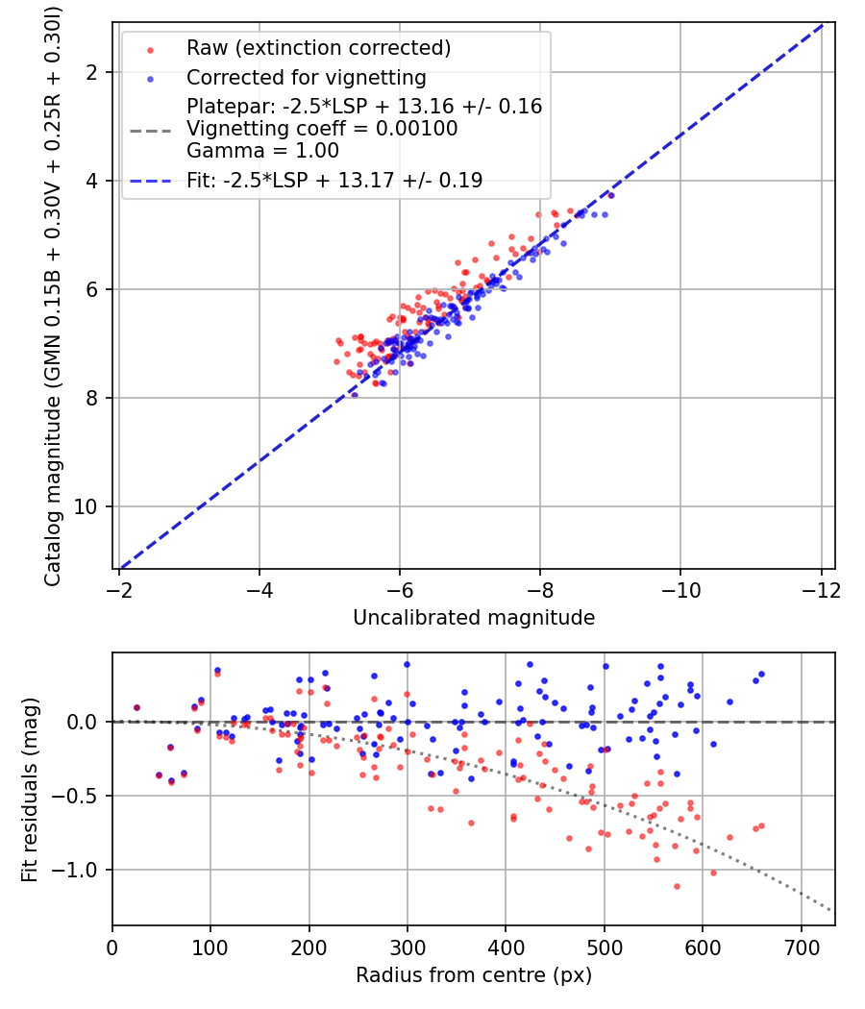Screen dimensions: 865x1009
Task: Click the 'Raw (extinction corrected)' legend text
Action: pyautogui.click(x=318, y=48)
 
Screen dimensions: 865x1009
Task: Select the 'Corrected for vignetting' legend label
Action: pyautogui.click(x=307, y=78)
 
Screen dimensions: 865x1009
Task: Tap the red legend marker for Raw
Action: pyautogui.click(x=151, y=50)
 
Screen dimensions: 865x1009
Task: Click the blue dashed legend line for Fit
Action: pyautogui.click(x=151, y=182)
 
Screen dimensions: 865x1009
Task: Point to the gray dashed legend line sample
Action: pyautogui.click(x=151, y=132)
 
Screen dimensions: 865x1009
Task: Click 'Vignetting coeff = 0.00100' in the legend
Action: pyautogui.click(x=322, y=129)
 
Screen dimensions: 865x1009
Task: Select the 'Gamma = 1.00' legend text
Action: pyautogui.click(x=262, y=151)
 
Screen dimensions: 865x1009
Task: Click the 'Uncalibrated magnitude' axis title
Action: pyautogui.click(x=474, y=618)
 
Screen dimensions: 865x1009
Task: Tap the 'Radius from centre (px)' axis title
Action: pyautogui.click(x=474, y=975)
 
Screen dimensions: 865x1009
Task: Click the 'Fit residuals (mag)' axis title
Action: pyautogui.click(x=30, y=790)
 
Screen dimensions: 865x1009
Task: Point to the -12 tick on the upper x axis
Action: pyautogui.click(x=821, y=590)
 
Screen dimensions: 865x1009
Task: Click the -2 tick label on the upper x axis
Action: pyautogui.click(x=120, y=590)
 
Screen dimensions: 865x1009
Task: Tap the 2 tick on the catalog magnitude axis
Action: pyautogui.click(x=92, y=73)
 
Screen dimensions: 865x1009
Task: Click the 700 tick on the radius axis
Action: pyautogui.click(x=801, y=948)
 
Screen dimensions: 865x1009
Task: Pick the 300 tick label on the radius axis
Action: pyautogui.click(x=408, y=948)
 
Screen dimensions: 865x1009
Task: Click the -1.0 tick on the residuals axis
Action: pyautogui.click(x=77, y=870)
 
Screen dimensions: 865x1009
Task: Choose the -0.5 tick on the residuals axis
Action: pyautogui.click(x=77, y=796)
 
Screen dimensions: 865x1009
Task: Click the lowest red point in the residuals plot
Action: pyautogui.click(x=677, y=887)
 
